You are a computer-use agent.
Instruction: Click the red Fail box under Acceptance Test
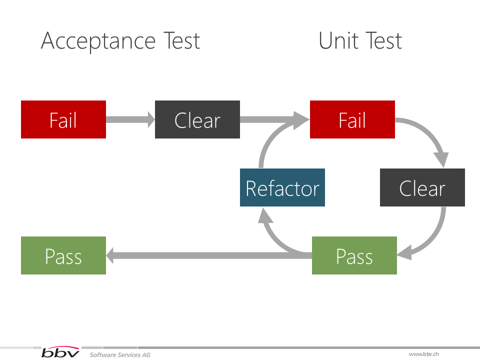[63, 119]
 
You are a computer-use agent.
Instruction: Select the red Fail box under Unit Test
[352, 119]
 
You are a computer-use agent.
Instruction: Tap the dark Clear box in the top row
[197, 119]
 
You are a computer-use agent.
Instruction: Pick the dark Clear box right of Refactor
[422, 187]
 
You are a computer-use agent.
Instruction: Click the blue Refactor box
[282, 187]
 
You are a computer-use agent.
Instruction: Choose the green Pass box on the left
[63, 255]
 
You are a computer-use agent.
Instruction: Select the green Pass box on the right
[354, 255]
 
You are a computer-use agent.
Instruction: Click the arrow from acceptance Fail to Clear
[130, 119]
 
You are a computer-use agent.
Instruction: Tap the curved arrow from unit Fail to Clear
[432, 137]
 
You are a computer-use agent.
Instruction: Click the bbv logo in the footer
[60, 353]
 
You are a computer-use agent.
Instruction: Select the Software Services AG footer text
[120, 354]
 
